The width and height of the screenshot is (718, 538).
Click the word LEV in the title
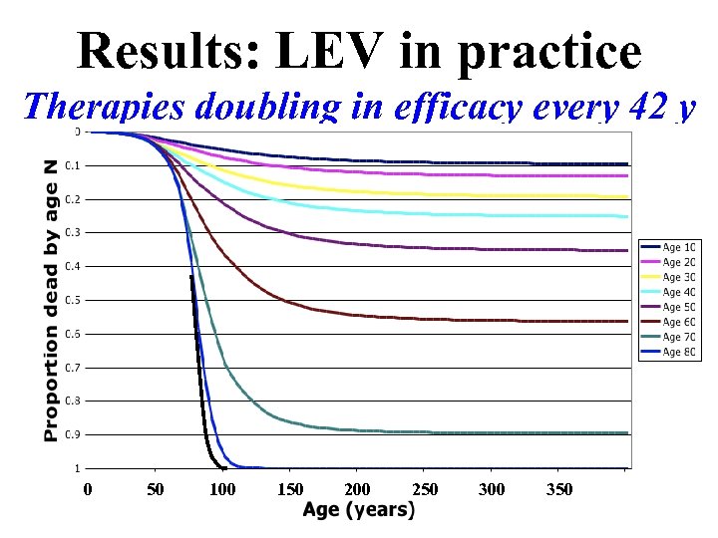tap(315, 50)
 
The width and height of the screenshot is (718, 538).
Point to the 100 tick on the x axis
tap(222, 489)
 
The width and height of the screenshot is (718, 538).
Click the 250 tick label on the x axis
tap(424, 489)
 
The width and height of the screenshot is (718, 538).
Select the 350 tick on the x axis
tap(558, 489)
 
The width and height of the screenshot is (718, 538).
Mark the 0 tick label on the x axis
tap(88, 489)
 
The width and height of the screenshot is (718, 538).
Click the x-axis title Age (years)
tap(358, 510)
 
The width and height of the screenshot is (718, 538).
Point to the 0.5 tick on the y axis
tap(73, 300)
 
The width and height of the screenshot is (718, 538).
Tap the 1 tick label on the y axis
tap(76, 468)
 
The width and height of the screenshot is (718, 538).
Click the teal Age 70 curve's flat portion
tap(499, 433)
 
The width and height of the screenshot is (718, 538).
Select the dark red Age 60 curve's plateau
tap(499, 321)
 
